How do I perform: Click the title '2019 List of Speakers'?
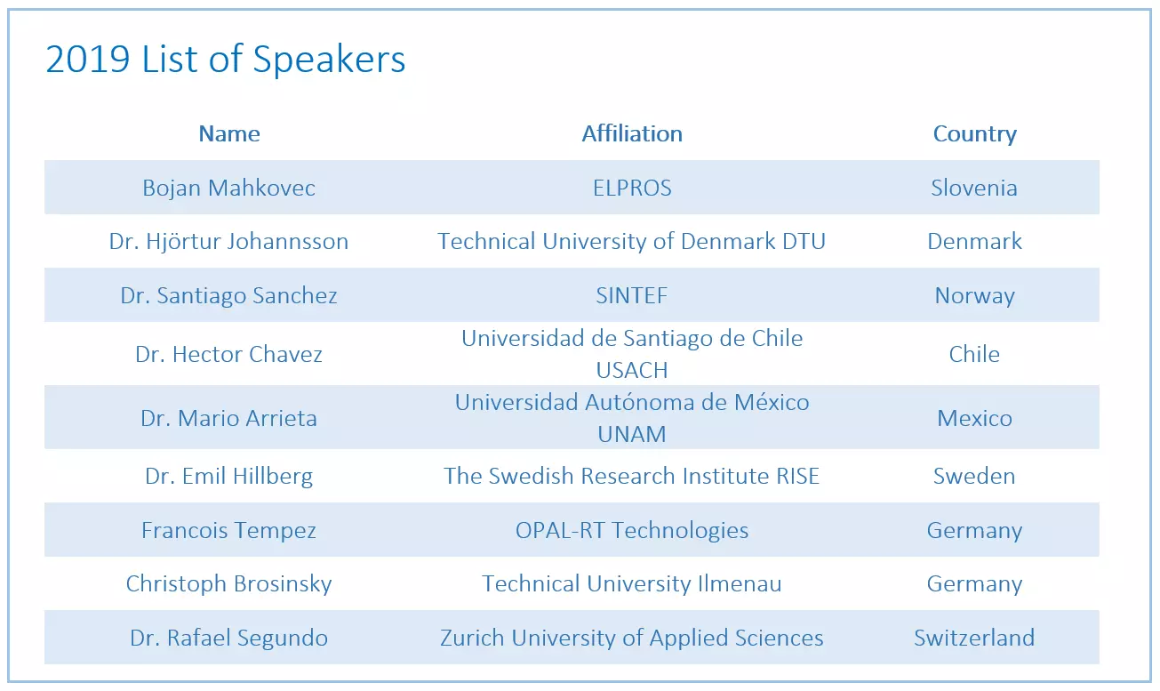[x=225, y=60]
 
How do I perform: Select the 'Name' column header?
[x=229, y=133]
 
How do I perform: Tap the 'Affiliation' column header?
[x=632, y=133]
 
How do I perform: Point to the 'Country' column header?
[x=974, y=134]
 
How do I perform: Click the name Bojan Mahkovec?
[x=229, y=188]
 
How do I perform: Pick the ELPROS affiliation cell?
[x=632, y=188]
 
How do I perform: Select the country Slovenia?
[x=974, y=188]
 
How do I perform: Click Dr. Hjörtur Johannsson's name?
[x=229, y=241]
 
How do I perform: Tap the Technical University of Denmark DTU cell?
[x=632, y=241]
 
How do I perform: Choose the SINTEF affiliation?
[x=632, y=295]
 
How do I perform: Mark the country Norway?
[x=974, y=296]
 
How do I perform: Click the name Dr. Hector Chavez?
[x=229, y=354]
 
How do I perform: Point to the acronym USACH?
[x=632, y=370]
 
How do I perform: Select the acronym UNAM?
[x=632, y=434]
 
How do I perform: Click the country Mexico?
[x=974, y=418]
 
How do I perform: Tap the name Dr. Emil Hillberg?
[x=229, y=477]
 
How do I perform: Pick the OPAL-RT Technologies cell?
[x=632, y=531]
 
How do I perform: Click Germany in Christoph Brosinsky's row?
[x=974, y=584]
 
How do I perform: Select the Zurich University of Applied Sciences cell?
[x=632, y=639]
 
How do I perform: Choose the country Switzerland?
[x=974, y=638]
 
